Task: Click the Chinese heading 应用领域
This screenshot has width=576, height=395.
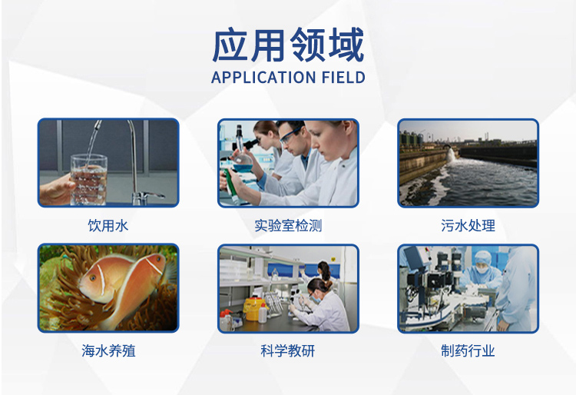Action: (288, 45)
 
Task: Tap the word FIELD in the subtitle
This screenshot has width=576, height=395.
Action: (343, 78)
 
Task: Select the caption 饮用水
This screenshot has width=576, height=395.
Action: (108, 225)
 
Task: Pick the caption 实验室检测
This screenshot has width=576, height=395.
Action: (288, 225)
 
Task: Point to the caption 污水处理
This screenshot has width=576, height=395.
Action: (468, 225)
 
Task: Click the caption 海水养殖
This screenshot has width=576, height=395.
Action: (108, 350)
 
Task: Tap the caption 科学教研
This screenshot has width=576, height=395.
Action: (288, 350)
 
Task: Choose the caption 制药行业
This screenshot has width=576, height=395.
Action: (468, 350)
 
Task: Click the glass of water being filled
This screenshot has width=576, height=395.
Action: (88, 179)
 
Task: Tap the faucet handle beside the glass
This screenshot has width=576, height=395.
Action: (151, 194)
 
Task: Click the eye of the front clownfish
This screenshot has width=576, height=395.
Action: (93, 278)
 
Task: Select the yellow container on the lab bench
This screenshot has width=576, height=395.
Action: (254, 309)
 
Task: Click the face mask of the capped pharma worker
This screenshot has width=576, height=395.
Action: (482, 269)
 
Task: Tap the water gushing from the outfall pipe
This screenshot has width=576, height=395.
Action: (451, 155)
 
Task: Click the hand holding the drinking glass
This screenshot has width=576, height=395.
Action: (56, 188)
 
